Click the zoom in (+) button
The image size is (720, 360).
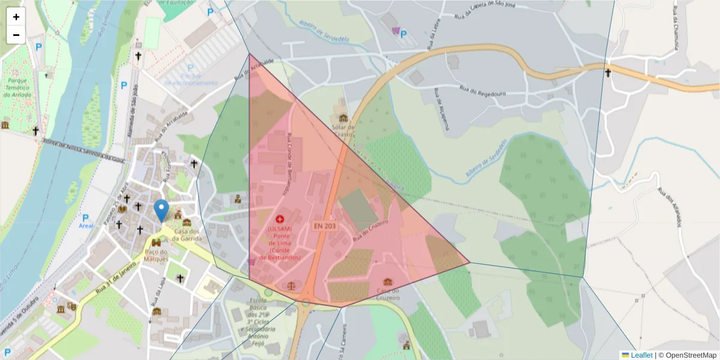[16, 17]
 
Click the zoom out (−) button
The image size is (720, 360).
[16, 35]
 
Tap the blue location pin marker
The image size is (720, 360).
[161, 211]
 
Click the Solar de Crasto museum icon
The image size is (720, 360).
[343, 118]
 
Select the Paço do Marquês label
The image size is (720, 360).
[156, 256]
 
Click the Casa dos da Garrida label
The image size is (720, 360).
[186, 235]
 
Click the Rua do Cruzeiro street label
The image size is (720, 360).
[371, 230]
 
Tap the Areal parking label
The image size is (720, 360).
[86, 226]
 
